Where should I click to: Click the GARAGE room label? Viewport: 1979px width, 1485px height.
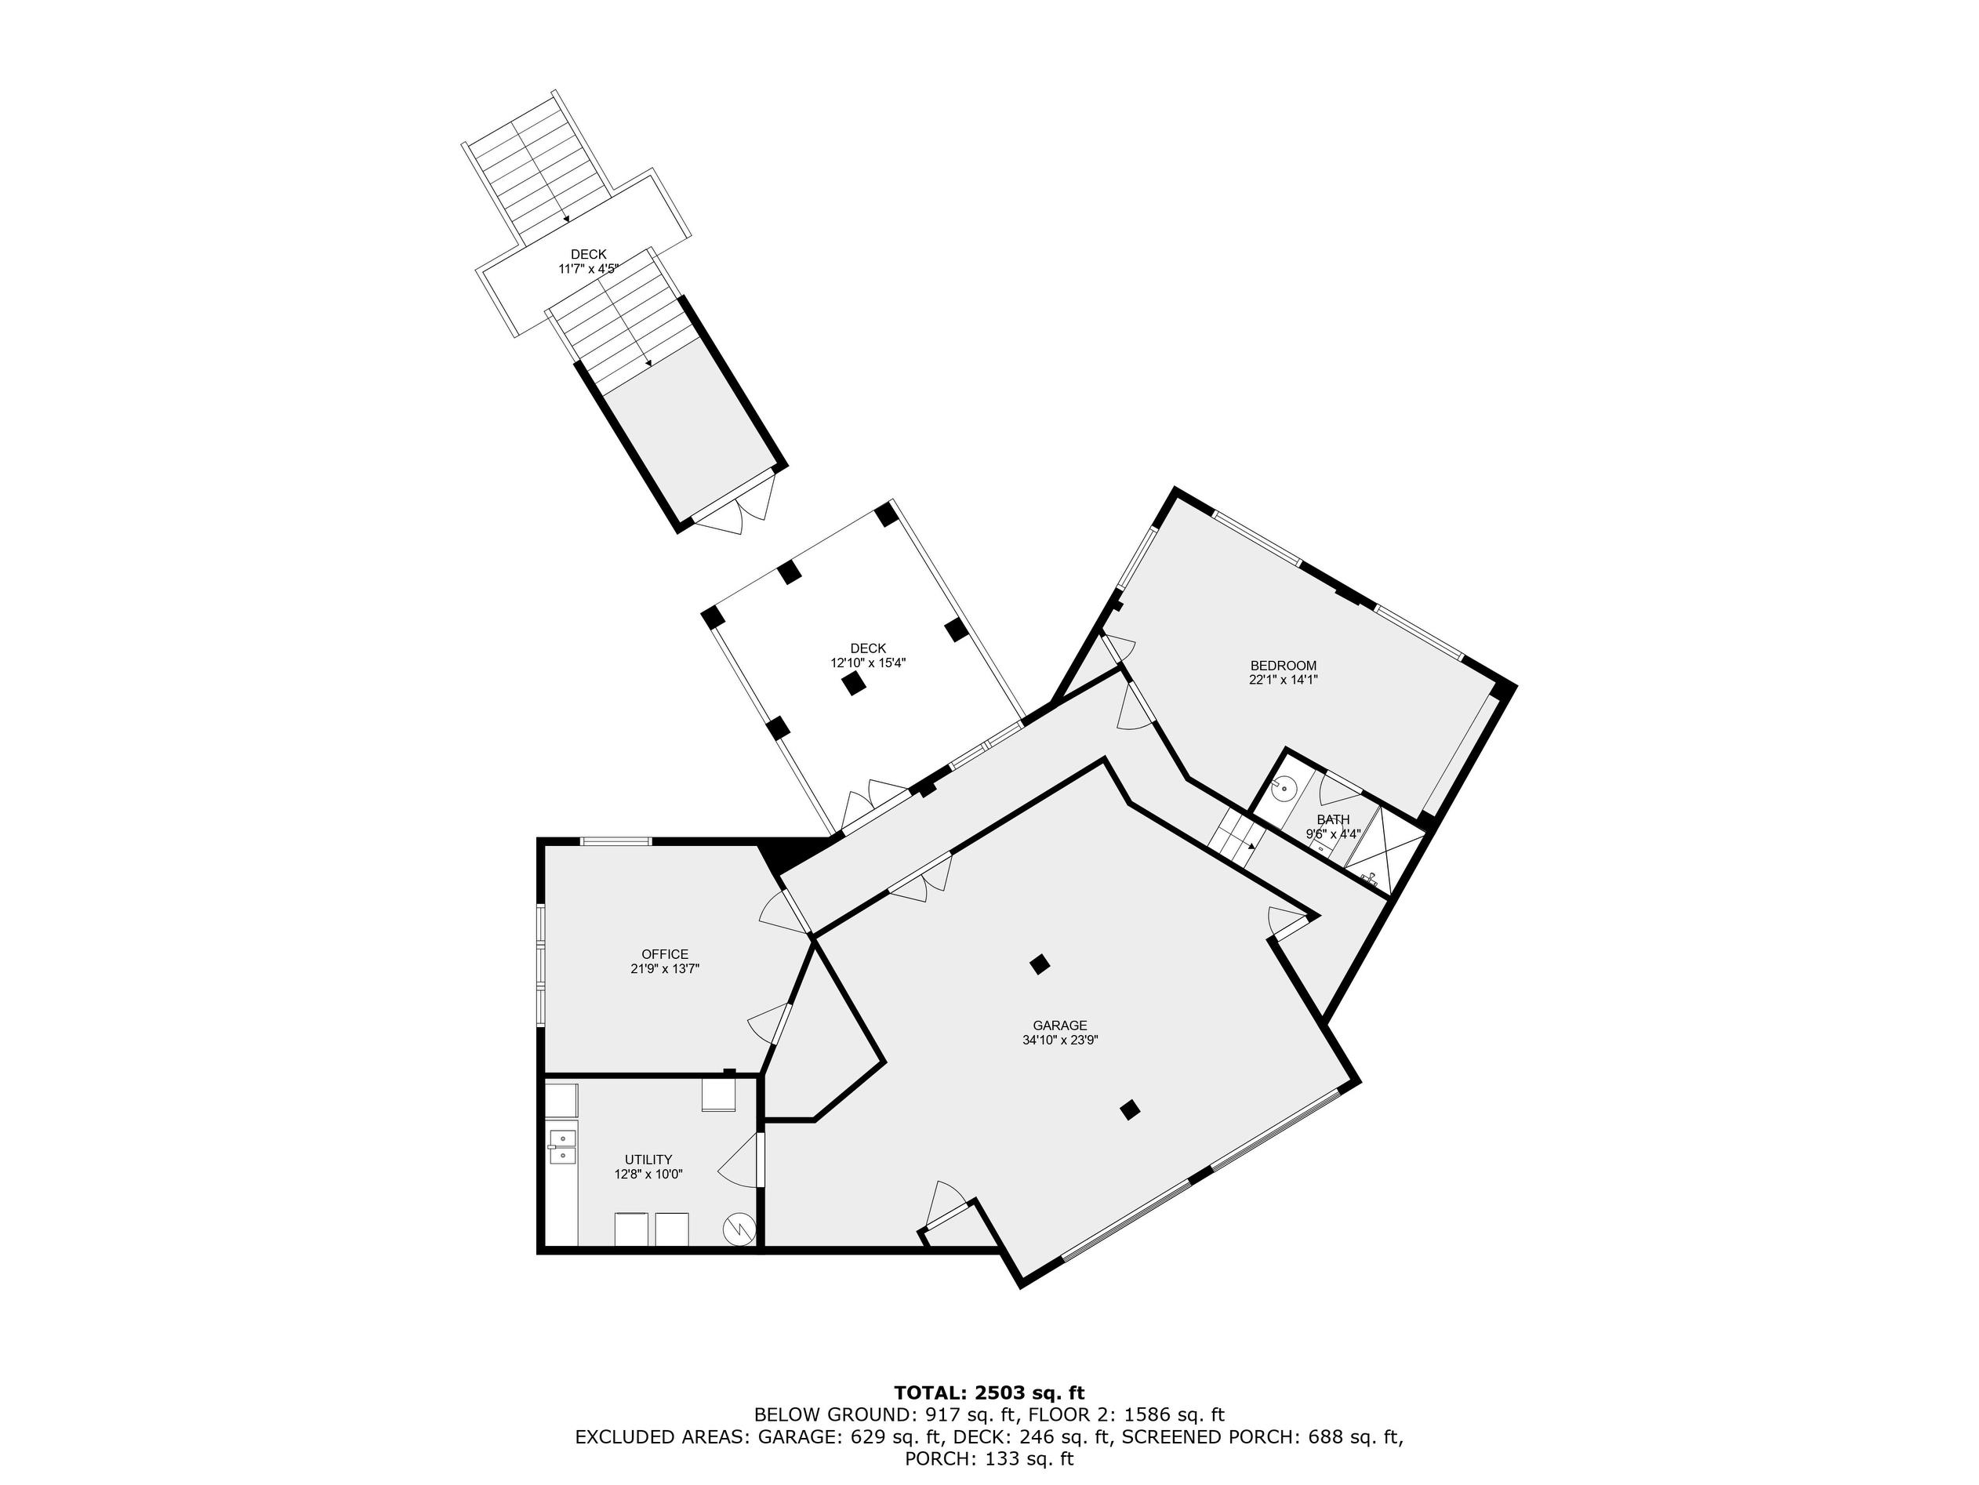pyautogui.click(x=1060, y=1026)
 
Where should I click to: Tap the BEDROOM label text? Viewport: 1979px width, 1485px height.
pyautogui.click(x=1283, y=666)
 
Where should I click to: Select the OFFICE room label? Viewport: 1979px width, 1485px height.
pyautogui.click(x=665, y=953)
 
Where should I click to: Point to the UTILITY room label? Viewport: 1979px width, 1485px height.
pyautogui.click(x=648, y=1160)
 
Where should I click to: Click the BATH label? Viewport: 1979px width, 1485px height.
pyautogui.click(x=1333, y=819)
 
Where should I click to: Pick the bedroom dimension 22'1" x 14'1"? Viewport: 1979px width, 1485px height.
pyautogui.click(x=1283, y=680)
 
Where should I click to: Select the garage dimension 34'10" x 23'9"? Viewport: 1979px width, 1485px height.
pyautogui.click(x=1060, y=1040)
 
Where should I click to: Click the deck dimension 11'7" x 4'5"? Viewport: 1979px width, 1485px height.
pyautogui.click(x=589, y=268)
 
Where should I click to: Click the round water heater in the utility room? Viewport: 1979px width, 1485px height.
pyautogui.click(x=740, y=1230)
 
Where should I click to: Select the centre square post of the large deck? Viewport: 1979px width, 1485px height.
pyautogui.click(x=855, y=684)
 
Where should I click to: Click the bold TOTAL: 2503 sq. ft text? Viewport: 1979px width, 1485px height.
pyautogui.click(x=989, y=1392)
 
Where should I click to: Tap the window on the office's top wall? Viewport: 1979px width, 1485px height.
pyautogui.click(x=615, y=841)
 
